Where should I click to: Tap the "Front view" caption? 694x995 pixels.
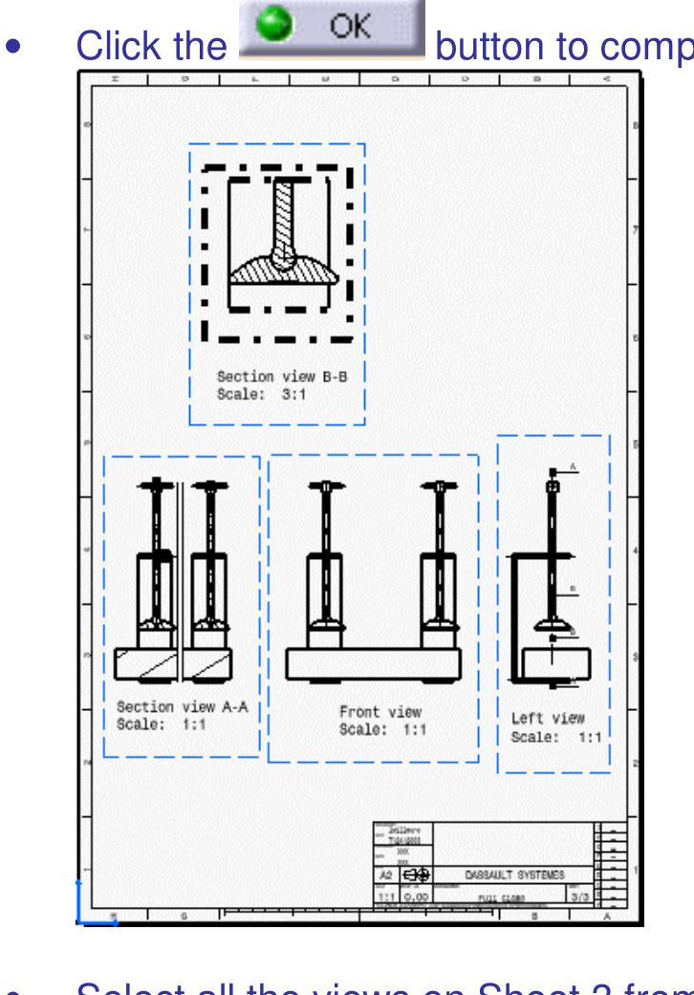[380, 712]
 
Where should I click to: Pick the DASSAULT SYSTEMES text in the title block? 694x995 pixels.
[514, 874]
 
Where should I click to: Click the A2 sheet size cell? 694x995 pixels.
[383, 874]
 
